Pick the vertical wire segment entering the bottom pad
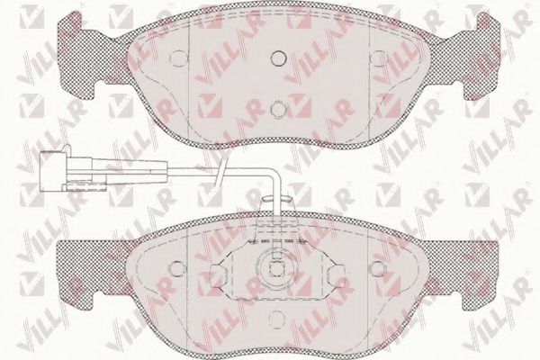(279, 202)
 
